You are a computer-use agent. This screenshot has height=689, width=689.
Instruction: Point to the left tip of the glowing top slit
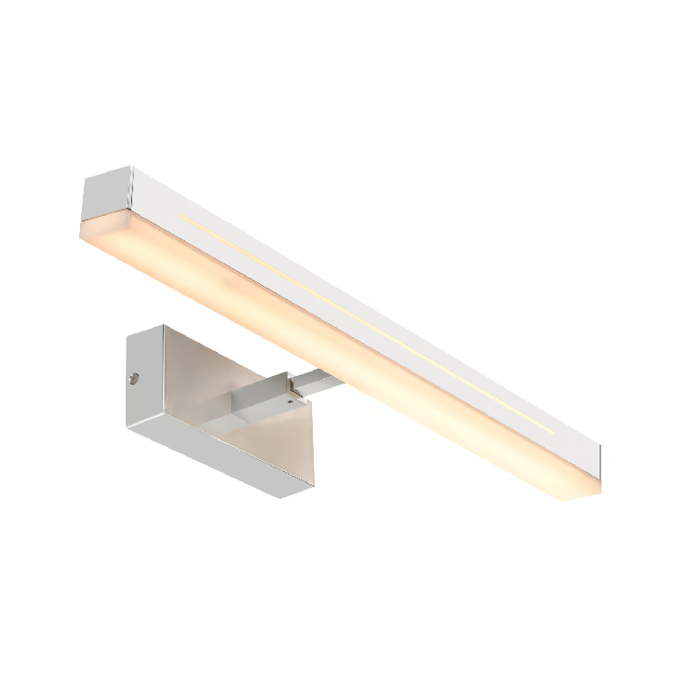(x=183, y=219)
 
